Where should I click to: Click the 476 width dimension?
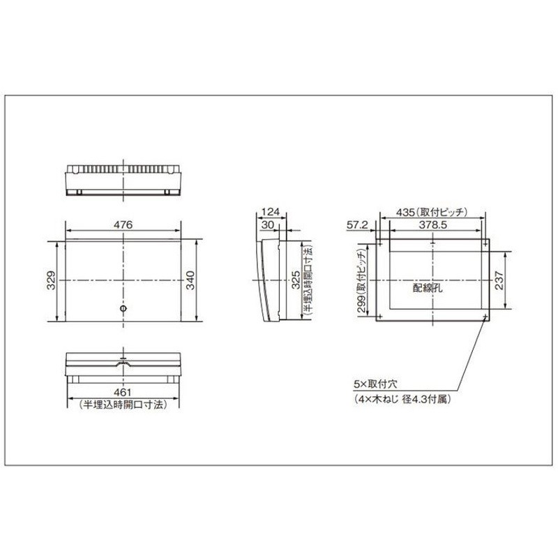pyautogui.click(x=123, y=225)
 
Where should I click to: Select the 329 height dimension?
pyautogui.click(x=51, y=280)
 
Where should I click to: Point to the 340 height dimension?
pyautogui.click(x=190, y=280)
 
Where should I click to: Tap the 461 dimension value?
pyautogui.click(x=123, y=392)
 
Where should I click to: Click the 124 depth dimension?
pyautogui.click(x=271, y=212)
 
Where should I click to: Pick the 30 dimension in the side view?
pyautogui.click(x=268, y=225)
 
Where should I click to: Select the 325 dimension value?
pyautogui.click(x=296, y=280)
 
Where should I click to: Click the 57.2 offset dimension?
pyautogui.click(x=358, y=225)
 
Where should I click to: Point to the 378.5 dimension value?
pyautogui.click(x=432, y=225)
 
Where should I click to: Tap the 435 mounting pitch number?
pyautogui.click(x=405, y=213)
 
